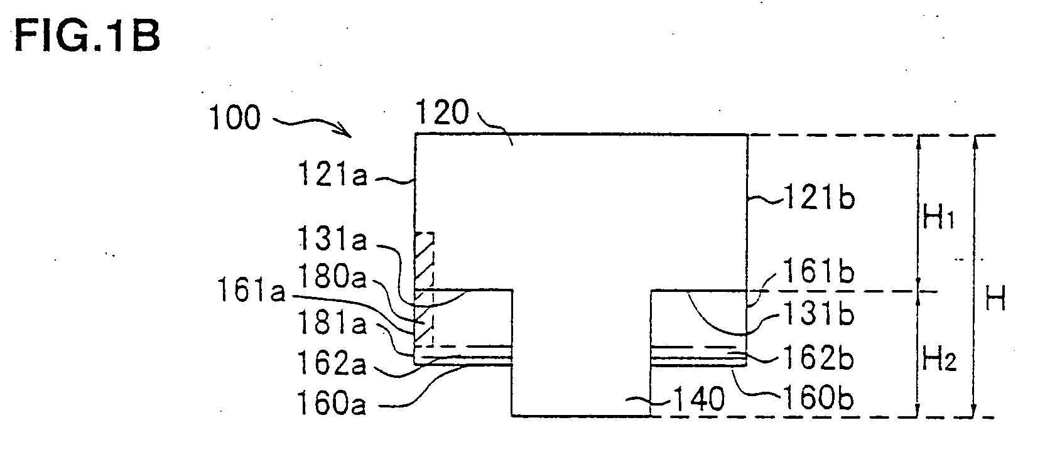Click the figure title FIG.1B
pyautogui.click(x=87, y=36)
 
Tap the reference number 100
pyautogui.click(x=234, y=117)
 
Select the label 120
pyautogui.click(x=441, y=112)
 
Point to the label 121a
pyautogui.click(x=332, y=174)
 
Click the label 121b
pyautogui.click(x=819, y=197)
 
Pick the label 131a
pyautogui.click(x=332, y=239)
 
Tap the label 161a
pyautogui.click(x=251, y=291)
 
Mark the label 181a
pyautogui.click(x=332, y=323)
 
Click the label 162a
pyautogui.click(x=332, y=363)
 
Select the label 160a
pyautogui.click(x=332, y=403)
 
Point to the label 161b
pyautogui.click(x=818, y=271)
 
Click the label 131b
pyautogui.click(x=818, y=313)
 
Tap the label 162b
pyautogui.click(x=818, y=358)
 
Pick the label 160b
pyautogui.click(x=818, y=399)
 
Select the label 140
pyautogui.click(x=698, y=399)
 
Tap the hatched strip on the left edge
pyautogui.click(x=424, y=289)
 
